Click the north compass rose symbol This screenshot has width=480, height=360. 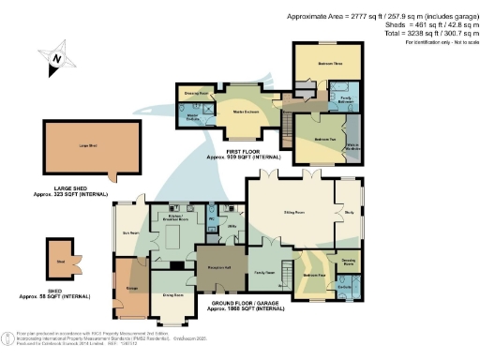click(x=55, y=59)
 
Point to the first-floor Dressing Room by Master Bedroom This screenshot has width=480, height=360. click(x=195, y=94)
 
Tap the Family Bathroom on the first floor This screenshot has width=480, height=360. click(x=345, y=97)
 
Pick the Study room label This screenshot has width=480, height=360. click(x=349, y=213)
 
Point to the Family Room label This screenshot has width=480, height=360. click(x=263, y=272)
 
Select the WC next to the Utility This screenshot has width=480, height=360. click(x=213, y=214)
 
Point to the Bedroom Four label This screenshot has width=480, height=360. click(x=313, y=276)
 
